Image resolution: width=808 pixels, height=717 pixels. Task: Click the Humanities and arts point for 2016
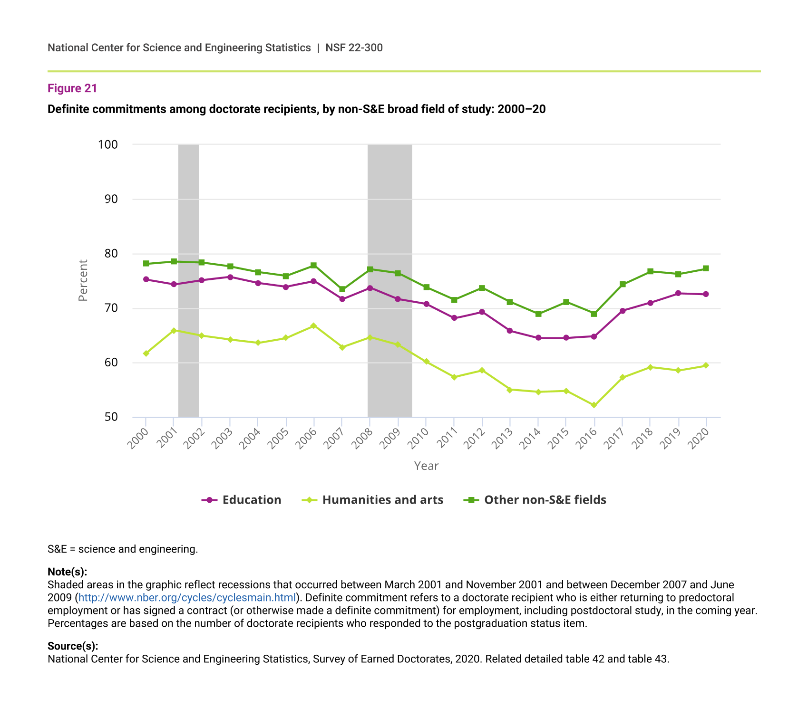coord(594,405)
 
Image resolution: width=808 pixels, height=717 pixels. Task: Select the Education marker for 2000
coord(146,279)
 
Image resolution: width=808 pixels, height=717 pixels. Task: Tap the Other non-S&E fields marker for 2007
coord(342,289)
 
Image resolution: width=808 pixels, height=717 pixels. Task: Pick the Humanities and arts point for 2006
coord(313,326)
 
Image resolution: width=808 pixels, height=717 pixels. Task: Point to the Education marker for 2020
coord(706,294)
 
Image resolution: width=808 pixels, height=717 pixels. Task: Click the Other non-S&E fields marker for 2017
coord(622,284)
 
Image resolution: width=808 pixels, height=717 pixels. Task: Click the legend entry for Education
coord(242,500)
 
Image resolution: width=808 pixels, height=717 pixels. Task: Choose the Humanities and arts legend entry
coord(373,500)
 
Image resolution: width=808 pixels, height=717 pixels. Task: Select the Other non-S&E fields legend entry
coord(535,500)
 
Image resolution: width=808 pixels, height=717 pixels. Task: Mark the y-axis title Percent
coord(83,280)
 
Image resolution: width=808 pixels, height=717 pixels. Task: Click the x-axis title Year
coord(426,466)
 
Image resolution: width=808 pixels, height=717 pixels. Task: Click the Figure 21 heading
coord(72,88)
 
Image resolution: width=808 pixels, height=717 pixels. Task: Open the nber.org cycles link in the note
coord(187,598)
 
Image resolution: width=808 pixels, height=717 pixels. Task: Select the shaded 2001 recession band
coord(189,280)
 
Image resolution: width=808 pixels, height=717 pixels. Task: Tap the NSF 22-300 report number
coord(354,48)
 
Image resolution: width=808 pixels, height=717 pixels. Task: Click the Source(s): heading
coord(73,646)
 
